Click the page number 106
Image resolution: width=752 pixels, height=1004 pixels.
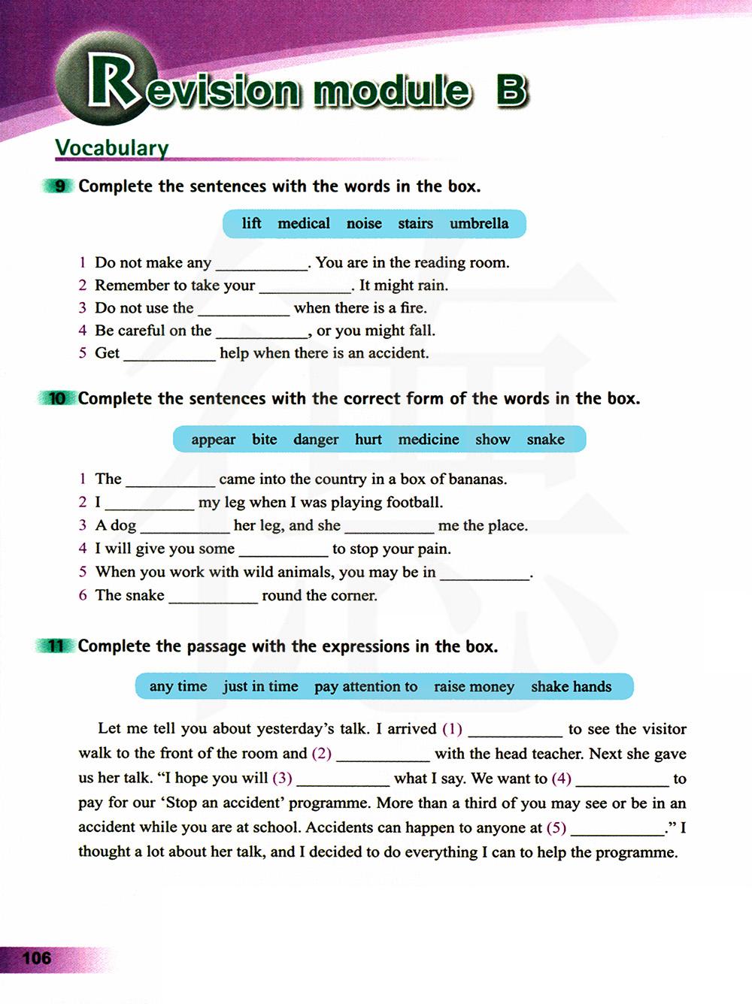point(37,958)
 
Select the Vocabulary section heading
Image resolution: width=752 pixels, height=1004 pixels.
point(112,148)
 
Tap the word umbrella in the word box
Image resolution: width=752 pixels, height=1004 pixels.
point(479,224)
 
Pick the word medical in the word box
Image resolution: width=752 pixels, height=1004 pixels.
point(304,224)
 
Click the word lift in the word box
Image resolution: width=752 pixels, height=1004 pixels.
point(251,224)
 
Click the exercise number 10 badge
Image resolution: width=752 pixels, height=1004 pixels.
point(57,398)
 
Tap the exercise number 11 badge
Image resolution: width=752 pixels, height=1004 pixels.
point(56,646)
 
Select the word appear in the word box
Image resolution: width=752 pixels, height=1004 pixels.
point(213,440)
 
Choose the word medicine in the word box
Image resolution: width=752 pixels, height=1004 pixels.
point(429,440)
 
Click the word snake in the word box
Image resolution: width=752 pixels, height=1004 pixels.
point(545,440)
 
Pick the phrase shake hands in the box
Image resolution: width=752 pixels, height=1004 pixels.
point(571,687)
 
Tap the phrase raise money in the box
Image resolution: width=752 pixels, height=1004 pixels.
point(474,687)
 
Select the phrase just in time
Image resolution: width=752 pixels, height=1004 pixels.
point(260,687)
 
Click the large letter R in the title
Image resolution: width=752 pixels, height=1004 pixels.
point(113,81)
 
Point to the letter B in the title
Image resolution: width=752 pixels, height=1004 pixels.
point(511,90)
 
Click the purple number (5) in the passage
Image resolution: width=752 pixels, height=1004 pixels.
point(556,828)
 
